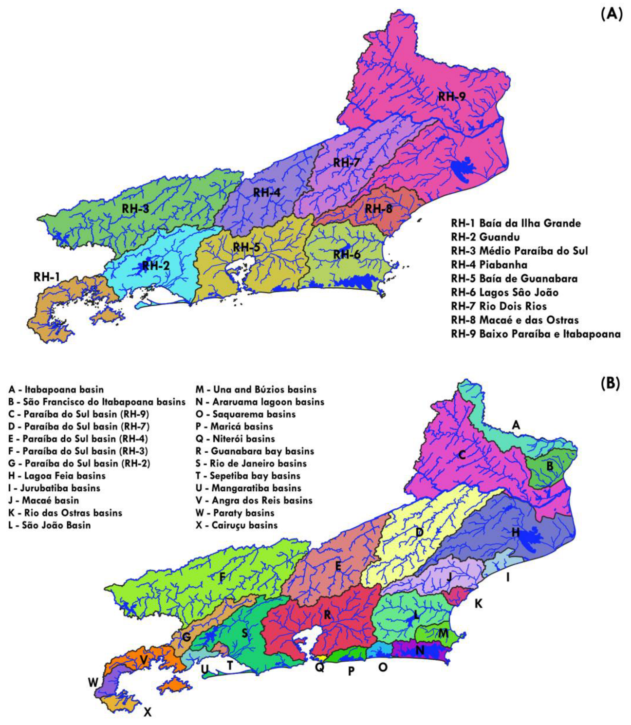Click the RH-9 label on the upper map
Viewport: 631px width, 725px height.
click(x=451, y=96)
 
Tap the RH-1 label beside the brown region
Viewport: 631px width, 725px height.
click(x=47, y=277)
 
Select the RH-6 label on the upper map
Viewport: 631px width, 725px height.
click(x=347, y=254)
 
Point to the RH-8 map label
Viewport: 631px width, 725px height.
click(x=379, y=209)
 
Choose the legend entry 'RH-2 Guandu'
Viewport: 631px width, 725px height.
click(x=485, y=237)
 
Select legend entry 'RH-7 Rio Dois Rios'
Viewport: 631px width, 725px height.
click(x=499, y=306)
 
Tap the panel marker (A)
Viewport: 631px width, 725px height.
click(x=611, y=14)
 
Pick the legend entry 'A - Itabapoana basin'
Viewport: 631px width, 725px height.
click(x=56, y=390)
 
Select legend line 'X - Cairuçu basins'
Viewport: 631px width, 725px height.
click(x=237, y=525)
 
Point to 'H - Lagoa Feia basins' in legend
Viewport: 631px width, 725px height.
click(x=57, y=476)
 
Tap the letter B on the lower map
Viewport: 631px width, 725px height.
click(x=550, y=466)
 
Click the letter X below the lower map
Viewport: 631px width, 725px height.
click(x=148, y=712)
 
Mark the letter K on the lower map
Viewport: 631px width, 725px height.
click(x=479, y=604)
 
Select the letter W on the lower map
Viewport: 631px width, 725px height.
click(x=93, y=683)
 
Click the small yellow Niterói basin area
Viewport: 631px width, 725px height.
click(x=320, y=658)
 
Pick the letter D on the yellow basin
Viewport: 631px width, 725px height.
click(x=419, y=532)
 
